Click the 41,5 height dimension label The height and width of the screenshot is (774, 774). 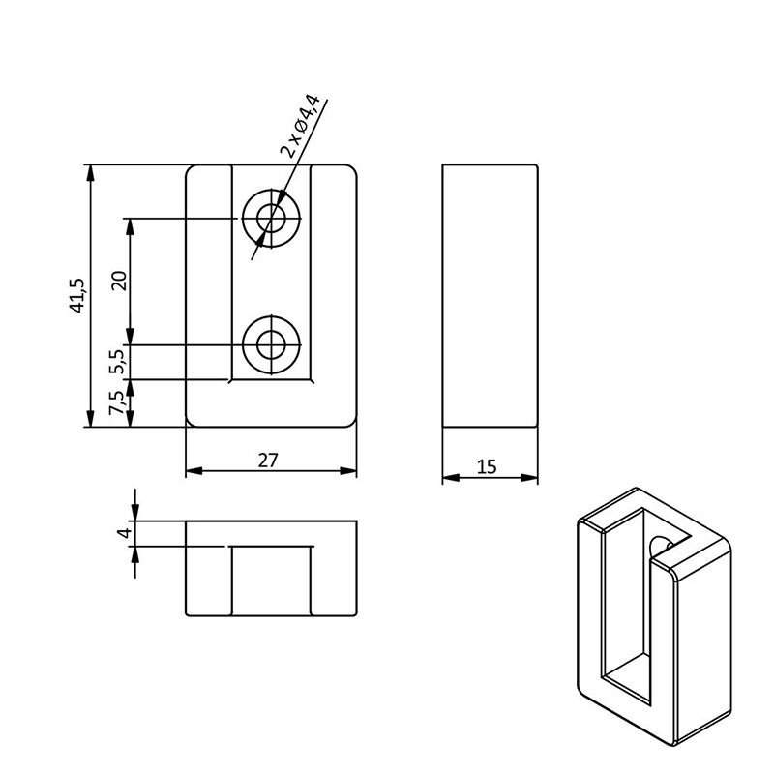(x=77, y=295)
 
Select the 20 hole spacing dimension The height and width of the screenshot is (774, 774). (x=119, y=281)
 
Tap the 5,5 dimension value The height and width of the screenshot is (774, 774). (x=119, y=362)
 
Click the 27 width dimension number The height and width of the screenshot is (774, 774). (x=268, y=461)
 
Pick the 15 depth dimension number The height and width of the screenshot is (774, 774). (x=487, y=466)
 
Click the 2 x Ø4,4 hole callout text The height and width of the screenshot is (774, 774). (x=301, y=125)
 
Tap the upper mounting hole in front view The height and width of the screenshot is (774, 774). (x=271, y=218)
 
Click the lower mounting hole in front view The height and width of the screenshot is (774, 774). (x=271, y=344)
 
